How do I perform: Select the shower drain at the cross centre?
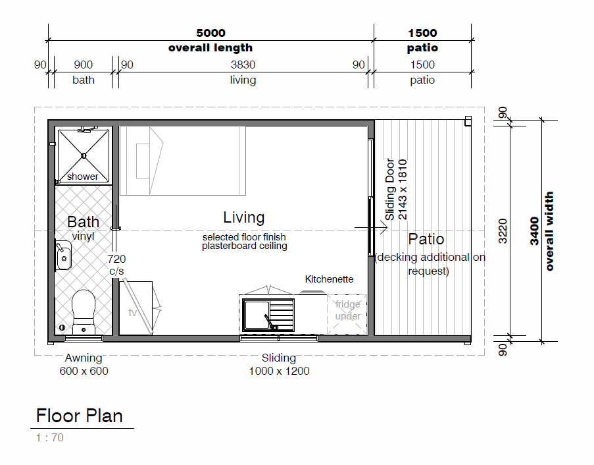tap(84, 155)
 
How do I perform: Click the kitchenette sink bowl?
tap(257, 315)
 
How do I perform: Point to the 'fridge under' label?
tap(348, 310)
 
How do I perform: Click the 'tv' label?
tap(132, 313)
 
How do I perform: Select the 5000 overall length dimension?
tap(210, 33)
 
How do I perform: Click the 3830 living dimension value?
tap(243, 65)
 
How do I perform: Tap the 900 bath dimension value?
tap(84, 65)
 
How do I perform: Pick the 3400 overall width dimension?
tap(534, 231)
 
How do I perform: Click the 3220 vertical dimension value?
tap(503, 231)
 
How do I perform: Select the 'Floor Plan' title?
tap(79, 416)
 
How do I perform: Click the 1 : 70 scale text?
tap(49, 437)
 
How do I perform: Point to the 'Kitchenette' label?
tap(329, 279)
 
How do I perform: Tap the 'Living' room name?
tap(243, 217)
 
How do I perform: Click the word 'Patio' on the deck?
tap(426, 239)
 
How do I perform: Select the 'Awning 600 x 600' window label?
tap(84, 364)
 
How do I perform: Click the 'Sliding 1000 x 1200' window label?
tap(279, 364)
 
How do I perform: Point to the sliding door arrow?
tap(371, 228)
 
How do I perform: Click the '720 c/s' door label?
tap(116, 265)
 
